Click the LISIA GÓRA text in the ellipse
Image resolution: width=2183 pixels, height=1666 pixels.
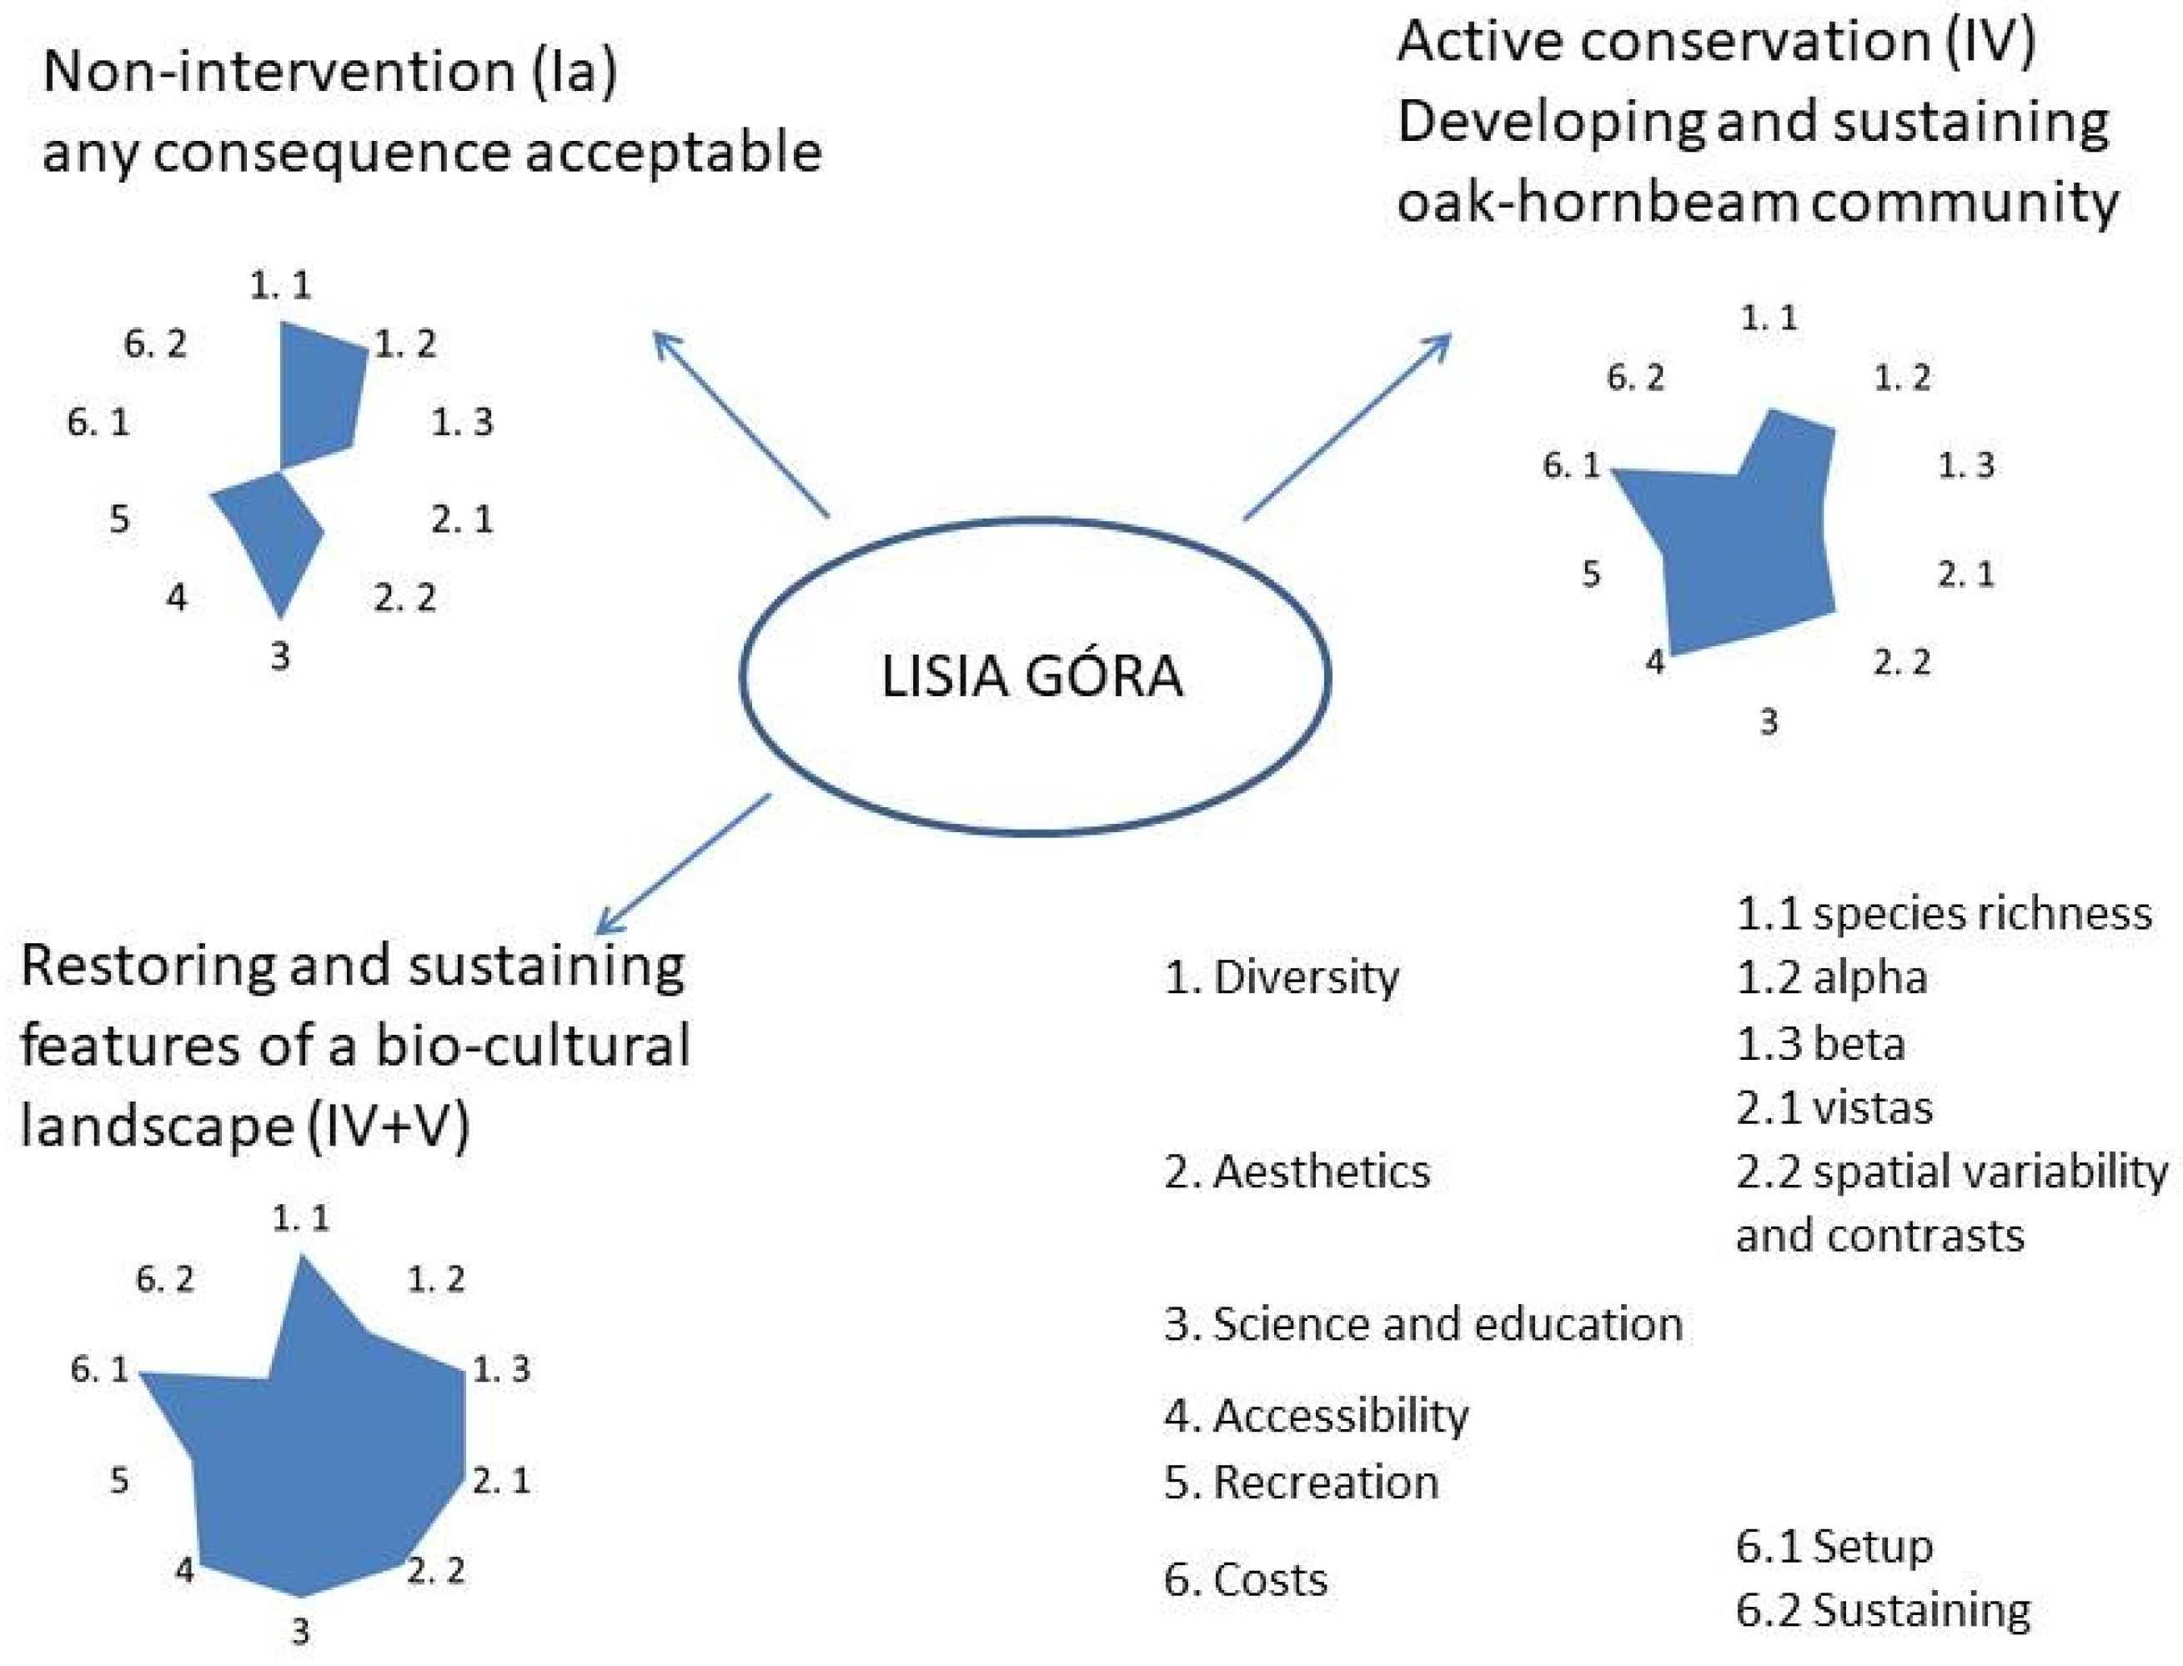[x=1031, y=676]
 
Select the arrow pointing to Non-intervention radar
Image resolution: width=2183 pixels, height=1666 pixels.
[x=739, y=424]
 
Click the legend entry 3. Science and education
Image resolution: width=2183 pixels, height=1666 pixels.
[x=1423, y=1324]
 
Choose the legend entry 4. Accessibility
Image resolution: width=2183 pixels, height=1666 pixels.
[x=1316, y=1415]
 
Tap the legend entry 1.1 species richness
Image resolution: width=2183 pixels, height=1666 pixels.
[x=1944, y=913]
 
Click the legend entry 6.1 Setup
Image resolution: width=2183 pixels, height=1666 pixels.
[x=1834, y=1546]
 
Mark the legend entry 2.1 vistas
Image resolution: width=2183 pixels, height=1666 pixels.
[x=1834, y=1107]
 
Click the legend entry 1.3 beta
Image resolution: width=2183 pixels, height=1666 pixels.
[x=1820, y=1044]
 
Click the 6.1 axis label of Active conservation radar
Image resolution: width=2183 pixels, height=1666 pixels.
[x=1571, y=465]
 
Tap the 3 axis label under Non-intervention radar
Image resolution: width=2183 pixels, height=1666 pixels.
[x=279, y=655]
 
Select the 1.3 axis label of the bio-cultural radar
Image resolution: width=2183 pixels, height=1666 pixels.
[x=501, y=1369]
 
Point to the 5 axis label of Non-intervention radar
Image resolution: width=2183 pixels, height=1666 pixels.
[x=119, y=519]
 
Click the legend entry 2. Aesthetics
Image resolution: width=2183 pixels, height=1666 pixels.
[x=1297, y=1172]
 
